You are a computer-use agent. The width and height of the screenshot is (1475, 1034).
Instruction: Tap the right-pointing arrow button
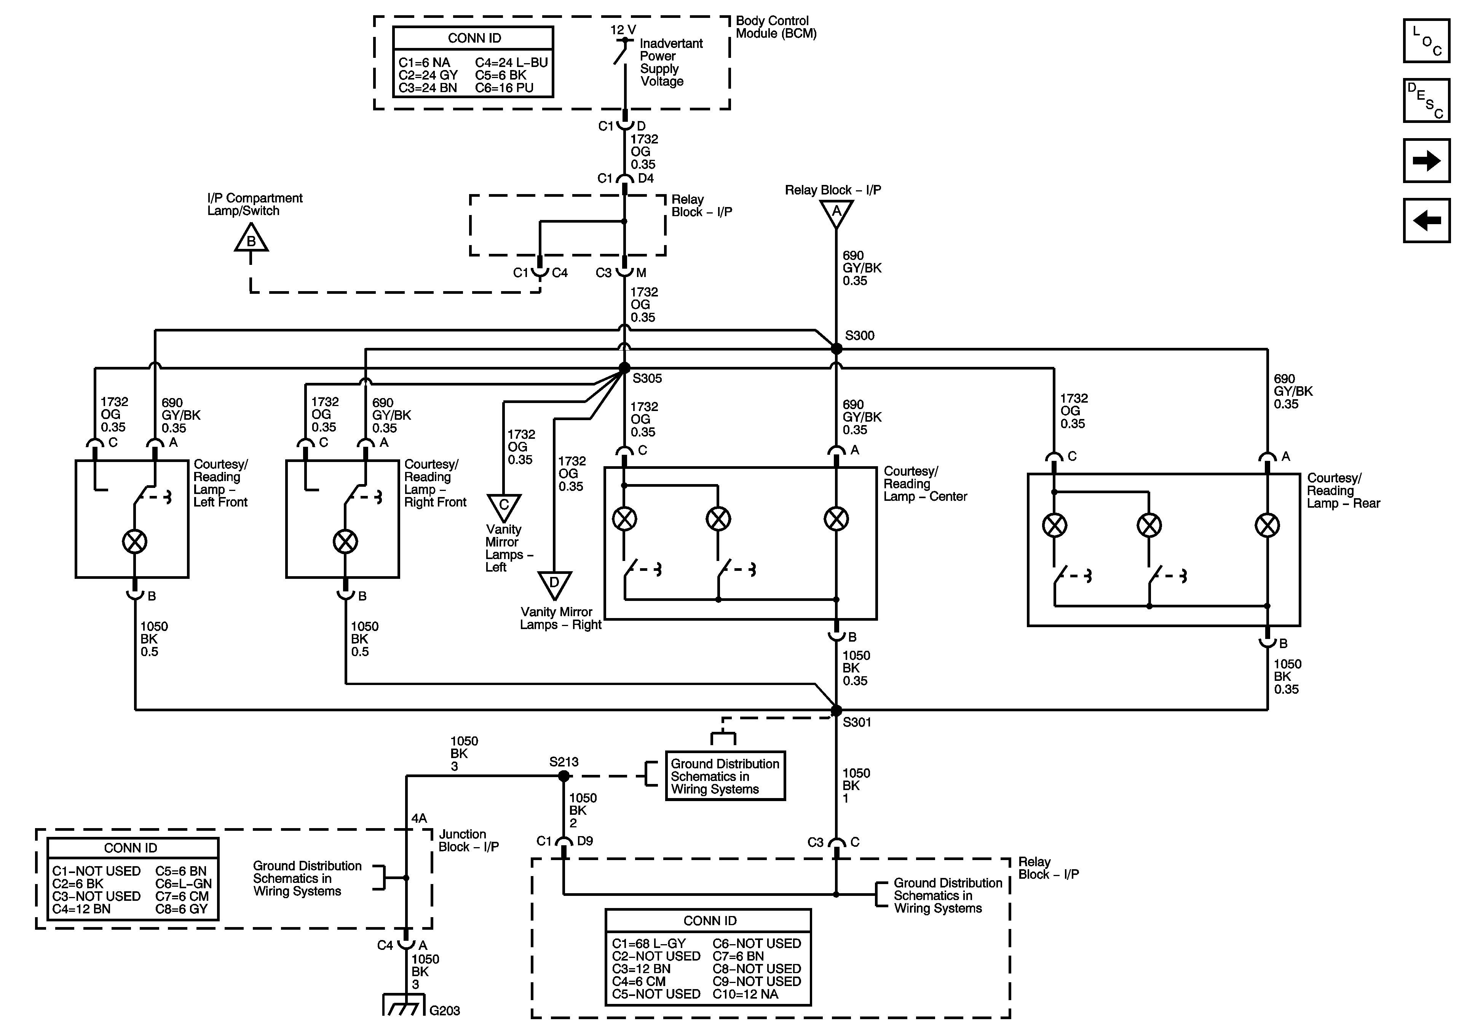pyautogui.click(x=1426, y=161)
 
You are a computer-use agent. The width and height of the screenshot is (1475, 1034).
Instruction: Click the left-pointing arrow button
pyautogui.click(x=1426, y=220)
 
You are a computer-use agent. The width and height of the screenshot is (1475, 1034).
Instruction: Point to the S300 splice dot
pyautogui.click(x=836, y=349)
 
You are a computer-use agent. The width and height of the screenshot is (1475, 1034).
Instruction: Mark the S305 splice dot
pyautogui.click(x=624, y=368)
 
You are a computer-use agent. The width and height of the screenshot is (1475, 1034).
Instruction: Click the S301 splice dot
pyautogui.click(x=836, y=710)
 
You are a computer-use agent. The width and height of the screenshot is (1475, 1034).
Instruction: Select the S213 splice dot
pyautogui.click(x=564, y=776)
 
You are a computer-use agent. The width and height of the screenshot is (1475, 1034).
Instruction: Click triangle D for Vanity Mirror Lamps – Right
pyautogui.click(x=554, y=585)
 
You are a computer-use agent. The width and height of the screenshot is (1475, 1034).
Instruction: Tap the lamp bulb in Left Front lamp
pyautogui.click(x=134, y=542)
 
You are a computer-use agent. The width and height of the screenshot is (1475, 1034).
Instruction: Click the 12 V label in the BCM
pyautogui.click(x=623, y=30)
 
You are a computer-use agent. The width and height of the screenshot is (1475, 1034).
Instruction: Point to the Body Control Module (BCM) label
pyautogui.click(x=776, y=27)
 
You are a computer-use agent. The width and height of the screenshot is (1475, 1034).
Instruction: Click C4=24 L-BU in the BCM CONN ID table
pyautogui.click(x=511, y=63)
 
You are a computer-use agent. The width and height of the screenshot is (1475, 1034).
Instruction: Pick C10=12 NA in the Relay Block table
pyautogui.click(x=745, y=994)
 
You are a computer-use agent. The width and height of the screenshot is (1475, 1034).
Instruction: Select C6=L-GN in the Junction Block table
pyautogui.click(x=183, y=884)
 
